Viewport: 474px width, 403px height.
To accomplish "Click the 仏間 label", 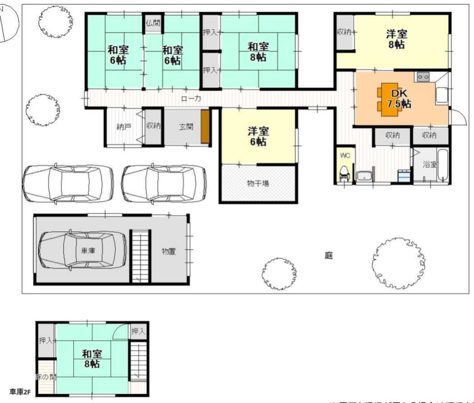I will [x=153, y=22].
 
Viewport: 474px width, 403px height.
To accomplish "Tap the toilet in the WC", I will [x=344, y=174].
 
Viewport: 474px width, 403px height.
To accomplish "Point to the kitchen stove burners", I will [x=422, y=77].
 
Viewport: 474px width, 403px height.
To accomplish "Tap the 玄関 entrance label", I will [x=186, y=126].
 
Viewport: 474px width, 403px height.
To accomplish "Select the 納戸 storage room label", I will [x=123, y=127].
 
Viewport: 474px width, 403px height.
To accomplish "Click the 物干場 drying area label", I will [x=258, y=184].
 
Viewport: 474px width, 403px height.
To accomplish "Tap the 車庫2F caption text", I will [x=19, y=392].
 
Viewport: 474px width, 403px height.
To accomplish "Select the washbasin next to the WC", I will [x=365, y=175].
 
